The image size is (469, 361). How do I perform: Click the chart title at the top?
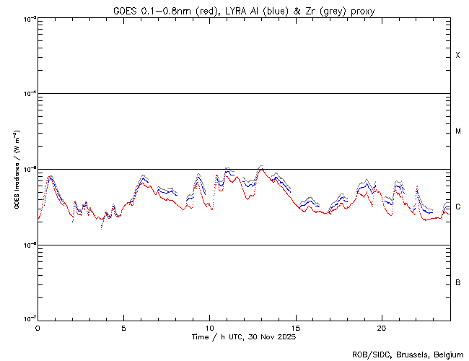pyautogui.click(x=243, y=10)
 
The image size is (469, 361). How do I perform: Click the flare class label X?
pyautogui.click(x=458, y=56)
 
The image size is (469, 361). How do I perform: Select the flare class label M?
pyautogui.click(x=458, y=131)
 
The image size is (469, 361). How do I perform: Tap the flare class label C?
pyautogui.click(x=458, y=207)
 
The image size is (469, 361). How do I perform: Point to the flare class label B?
pyautogui.click(x=458, y=282)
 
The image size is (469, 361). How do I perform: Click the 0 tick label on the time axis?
pyautogui.click(x=38, y=327)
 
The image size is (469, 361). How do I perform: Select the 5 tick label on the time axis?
pyautogui.click(x=123, y=327)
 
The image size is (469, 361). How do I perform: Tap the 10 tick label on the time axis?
pyautogui.click(x=209, y=327)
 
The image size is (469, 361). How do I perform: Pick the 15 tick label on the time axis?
pyautogui.click(x=295, y=327)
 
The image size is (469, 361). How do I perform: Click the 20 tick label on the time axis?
pyautogui.click(x=381, y=327)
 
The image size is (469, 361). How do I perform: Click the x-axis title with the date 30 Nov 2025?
pyautogui.click(x=243, y=336)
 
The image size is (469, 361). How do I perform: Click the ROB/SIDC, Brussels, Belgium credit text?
pyautogui.click(x=409, y=354)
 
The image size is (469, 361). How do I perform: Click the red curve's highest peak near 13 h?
pyautogui.click(x=261, y=170)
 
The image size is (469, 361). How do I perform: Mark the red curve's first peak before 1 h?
pyautogui.click(x=50, y=178)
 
